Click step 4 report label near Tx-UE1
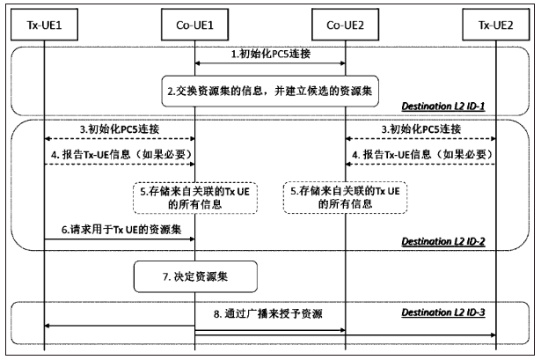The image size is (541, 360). click(118, 156)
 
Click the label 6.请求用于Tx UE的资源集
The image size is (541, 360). click(118, 227)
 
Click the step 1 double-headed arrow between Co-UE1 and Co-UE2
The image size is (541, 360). click(269, 63)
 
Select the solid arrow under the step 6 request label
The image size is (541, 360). click(118, 237)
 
